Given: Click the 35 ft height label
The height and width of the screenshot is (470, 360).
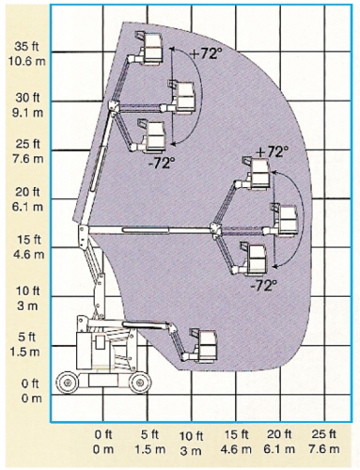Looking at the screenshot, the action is [x=26, y=46].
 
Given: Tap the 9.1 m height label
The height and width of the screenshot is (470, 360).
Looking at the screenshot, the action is [x=27, y=112].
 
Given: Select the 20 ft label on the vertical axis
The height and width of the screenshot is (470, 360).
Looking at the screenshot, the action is [x=27, y=192].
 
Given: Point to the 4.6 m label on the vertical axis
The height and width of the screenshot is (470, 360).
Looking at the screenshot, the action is [x=28, y=254].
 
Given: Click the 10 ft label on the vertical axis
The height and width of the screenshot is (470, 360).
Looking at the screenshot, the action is [x=28, y=290].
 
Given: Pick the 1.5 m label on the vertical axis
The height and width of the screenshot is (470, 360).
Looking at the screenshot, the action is [x=25, y=352].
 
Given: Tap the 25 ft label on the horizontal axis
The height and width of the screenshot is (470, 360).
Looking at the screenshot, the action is [x=323, y=434].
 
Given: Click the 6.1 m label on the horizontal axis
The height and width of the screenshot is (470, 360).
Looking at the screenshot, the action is [x=279, y=449].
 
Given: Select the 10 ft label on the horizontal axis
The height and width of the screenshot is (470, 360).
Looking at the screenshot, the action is [x=191, y=436].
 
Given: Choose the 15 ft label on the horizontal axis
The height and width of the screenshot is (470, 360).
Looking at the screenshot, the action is [x=236, y=434].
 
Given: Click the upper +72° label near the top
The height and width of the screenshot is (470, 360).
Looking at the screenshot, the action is [x=204, y=54].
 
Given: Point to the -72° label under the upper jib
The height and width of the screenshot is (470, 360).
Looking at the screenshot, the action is [x=162, y=163].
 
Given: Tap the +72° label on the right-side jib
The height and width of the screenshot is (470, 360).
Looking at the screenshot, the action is [x=272, y=152].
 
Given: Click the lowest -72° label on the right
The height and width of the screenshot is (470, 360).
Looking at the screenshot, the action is [x=265, y=286].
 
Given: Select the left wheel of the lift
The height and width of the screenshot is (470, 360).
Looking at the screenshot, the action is [x=67, y=383].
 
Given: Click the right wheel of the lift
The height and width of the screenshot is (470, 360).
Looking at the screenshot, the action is [x=139, y=383].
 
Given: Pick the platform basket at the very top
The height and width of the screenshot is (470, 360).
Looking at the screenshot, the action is [x=149, y=47].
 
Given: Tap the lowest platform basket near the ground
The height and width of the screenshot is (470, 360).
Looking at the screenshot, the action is [x=203, y=345].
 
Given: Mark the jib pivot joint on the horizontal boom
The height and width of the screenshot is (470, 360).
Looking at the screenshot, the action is [x=215, y=230].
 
